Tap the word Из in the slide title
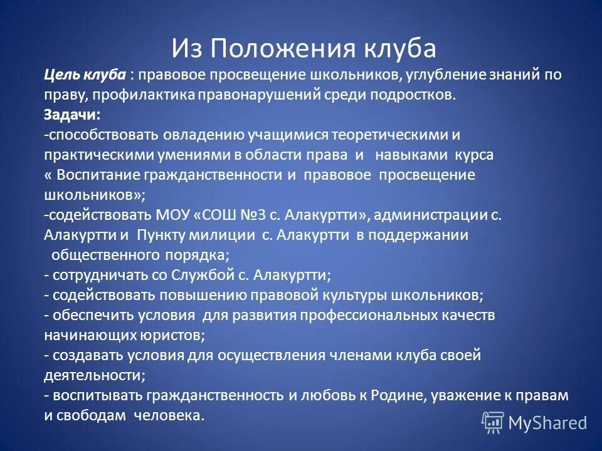click(x=187, y=48)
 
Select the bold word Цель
click(x=60, y=75)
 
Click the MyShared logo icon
click(x=493, y=423)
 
